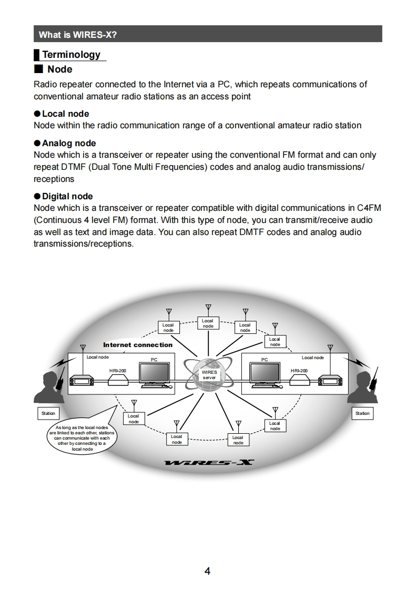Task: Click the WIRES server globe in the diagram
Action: click(208, 374)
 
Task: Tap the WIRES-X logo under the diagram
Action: click(209, 463)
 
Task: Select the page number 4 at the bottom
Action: click(208, 571)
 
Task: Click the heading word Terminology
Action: click(71, 55)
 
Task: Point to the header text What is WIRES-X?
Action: click(78, 35)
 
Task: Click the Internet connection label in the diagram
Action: click(138, 345)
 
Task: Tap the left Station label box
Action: click(48, 413)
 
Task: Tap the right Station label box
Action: click(362, 413)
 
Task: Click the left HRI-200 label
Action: click(118, 371)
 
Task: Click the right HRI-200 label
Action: click(299, 371)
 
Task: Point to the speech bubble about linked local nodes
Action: click(82, 438)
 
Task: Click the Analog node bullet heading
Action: click(68, 143)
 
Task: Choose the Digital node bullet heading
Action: click(67, 196)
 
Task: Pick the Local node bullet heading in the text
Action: click(65, 114)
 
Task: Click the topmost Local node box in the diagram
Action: click(208, 323)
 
